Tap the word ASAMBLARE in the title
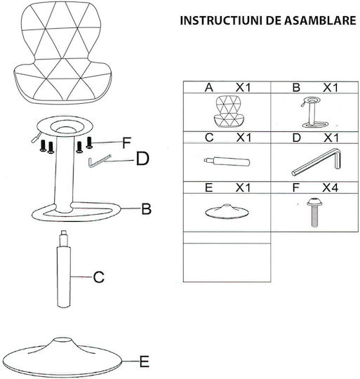click(x=320, y=20)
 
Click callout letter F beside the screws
click(x=126, y=142)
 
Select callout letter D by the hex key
click(x=142, y=159)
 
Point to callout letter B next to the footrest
click(x=146, y=209)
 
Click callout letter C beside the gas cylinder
click(x=99, y=277)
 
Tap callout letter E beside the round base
click(x=145, y=362)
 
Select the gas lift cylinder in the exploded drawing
click(x=64, y=269)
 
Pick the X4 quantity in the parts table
click(x=331, y=187)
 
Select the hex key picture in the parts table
click(x=316, y=162)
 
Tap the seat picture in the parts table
click(x=227, y=112)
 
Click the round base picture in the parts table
click(x=227, y=212)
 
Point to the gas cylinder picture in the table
click(x=227, y=161)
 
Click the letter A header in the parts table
click(x=209, y=88)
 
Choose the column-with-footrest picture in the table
click(x=314, y=112)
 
